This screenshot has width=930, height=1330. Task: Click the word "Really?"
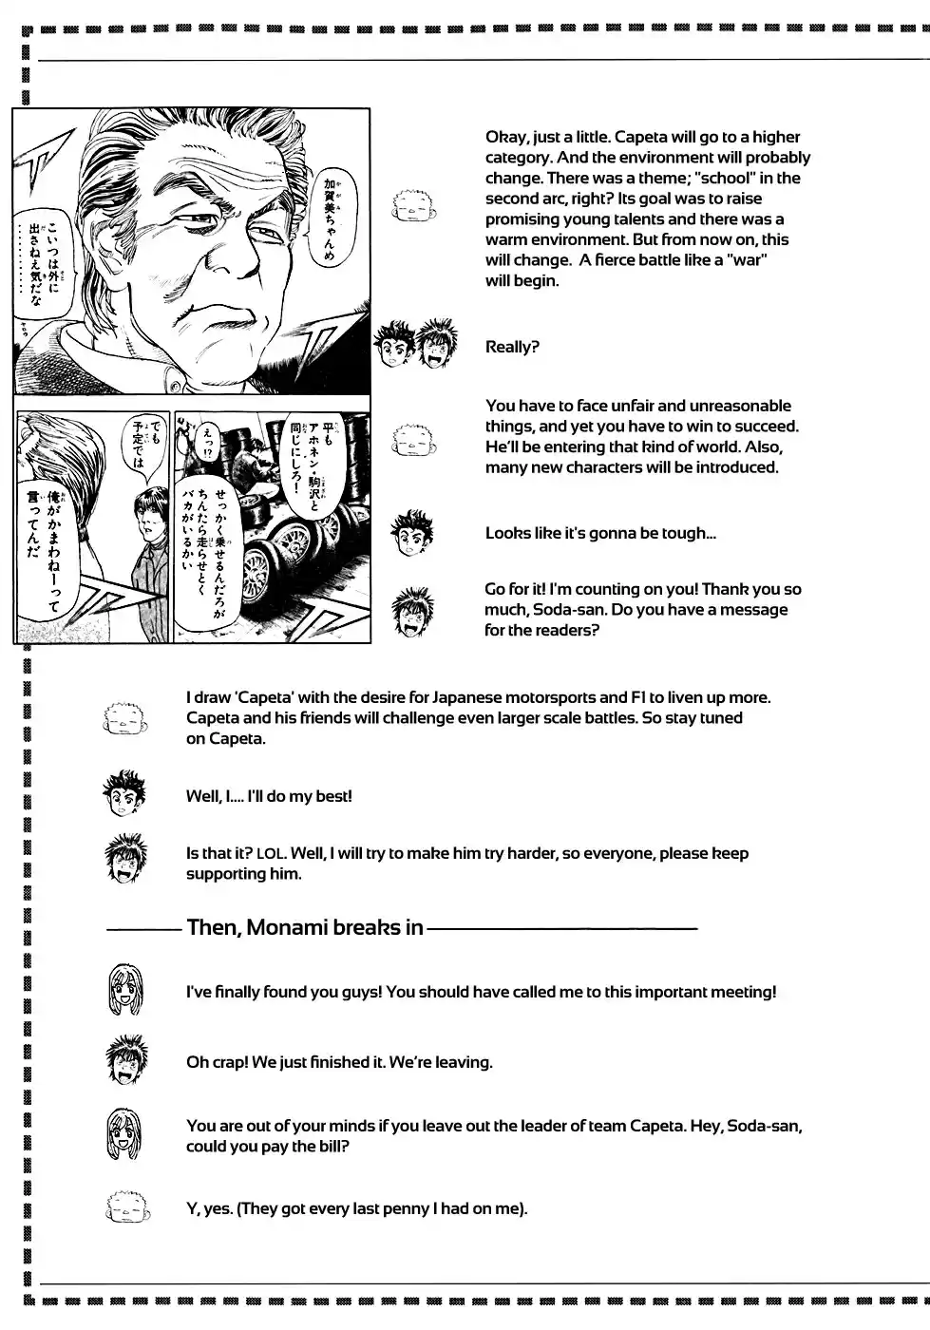(512, 348)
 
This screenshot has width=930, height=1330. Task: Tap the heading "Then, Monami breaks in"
(305, 927)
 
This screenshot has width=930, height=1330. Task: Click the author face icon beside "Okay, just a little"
(413, 204)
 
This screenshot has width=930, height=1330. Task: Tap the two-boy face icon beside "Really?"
(415, 346)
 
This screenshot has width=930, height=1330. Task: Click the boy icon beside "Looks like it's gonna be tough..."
(412, 534)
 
